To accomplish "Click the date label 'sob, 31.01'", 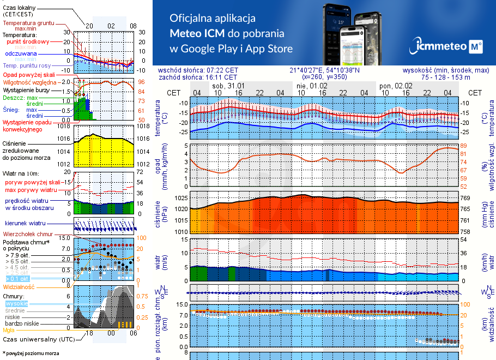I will [x=228, y=86].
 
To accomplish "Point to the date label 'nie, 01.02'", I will [x=312, y=86].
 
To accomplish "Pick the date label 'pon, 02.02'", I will [x=396, y=86].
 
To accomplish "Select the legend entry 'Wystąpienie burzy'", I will [x=27, y=89].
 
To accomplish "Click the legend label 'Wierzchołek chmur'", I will [x=28, y=234].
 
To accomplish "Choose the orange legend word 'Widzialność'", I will [x=19, y=286].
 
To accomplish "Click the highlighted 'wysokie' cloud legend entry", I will [x=16, y=303].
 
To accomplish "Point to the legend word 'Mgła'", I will [x=9, y=330].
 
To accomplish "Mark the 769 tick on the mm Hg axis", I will [x=465, y=199].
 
